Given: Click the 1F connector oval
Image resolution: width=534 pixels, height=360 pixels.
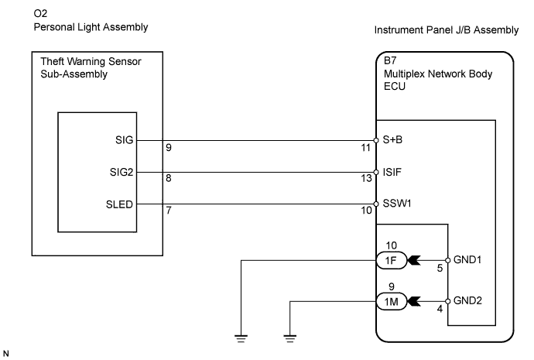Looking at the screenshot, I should tap(389, 261).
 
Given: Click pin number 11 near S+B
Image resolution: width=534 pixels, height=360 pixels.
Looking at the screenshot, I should tap(366, 147).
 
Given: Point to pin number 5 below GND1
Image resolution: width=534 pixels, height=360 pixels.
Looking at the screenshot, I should tap(439, 269).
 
